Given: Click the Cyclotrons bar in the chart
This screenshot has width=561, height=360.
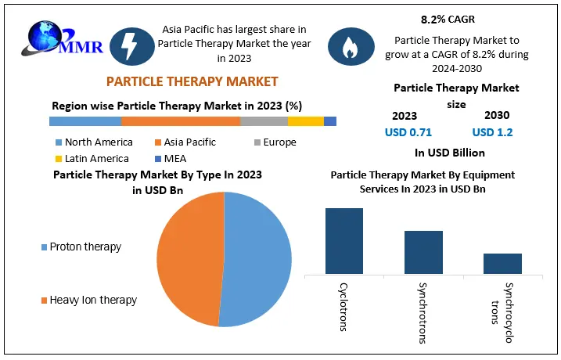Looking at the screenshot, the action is click(x=344, y=241).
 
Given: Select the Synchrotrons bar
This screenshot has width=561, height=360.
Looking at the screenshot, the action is click(x=423, y=252).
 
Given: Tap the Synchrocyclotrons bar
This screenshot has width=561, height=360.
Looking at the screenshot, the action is click(x=502, y=264).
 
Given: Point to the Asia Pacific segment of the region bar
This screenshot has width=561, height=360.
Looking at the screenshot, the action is click(x=181, y=121).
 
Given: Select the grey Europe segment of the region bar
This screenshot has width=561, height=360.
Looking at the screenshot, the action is click(x=264, y=121).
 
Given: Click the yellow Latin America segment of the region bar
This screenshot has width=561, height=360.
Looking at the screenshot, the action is click(x=306, y=121).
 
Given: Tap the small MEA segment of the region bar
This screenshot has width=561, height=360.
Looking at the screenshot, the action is click(x=330, y=121).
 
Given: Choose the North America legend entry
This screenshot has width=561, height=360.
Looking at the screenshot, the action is click(x=94, y=142).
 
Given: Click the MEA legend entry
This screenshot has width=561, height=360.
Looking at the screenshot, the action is click(x=171, y=159).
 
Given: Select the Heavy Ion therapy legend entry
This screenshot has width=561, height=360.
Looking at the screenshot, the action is click(x=89, y=300).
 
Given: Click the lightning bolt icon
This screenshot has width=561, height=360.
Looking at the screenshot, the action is click(x=131, y=46).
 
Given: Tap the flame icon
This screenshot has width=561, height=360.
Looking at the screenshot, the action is click(x=351, y=46).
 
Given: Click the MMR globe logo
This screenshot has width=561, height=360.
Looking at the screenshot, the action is click(x=62, y=39).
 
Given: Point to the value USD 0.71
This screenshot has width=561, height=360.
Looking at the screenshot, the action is click(x=408, y=132).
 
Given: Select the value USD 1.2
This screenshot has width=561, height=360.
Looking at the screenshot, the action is click(x=492, y=132).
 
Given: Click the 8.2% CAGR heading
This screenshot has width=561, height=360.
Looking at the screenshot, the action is click(x=448, y=20).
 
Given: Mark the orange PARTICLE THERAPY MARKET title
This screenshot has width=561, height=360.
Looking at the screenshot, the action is click(x=192, y=81).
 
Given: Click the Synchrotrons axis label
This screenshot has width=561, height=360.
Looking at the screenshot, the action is click(x=423, y=313).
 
